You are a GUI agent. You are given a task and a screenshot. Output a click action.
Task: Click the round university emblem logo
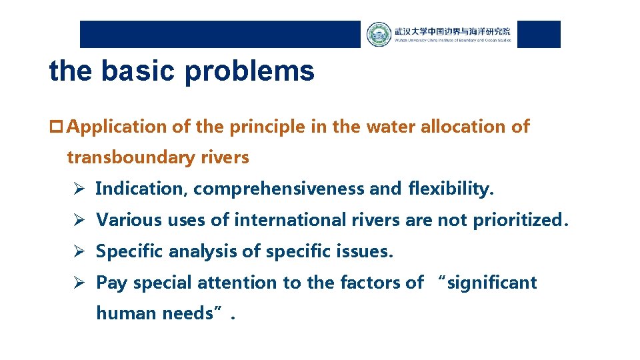(379, 34)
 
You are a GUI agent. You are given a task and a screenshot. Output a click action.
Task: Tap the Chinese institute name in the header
(452, 31)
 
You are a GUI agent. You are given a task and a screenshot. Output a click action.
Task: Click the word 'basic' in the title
(139, 71)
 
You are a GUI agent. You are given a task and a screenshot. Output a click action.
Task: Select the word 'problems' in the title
(249, 71)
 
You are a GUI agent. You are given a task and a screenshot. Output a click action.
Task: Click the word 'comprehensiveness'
(279, 189)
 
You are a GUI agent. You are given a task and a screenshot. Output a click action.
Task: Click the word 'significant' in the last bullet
(493, 283)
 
